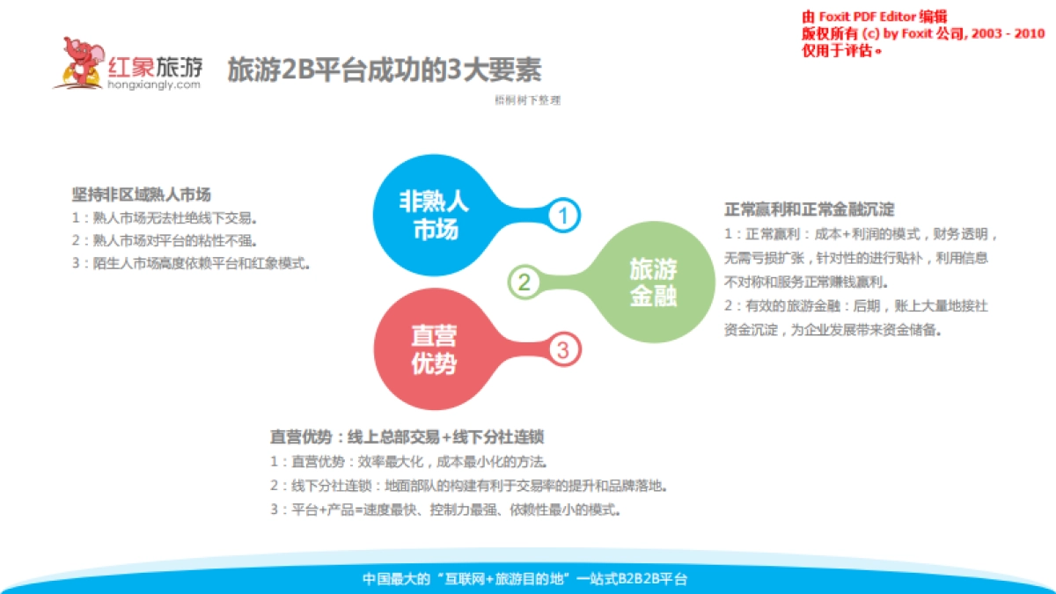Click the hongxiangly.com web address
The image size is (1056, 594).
[154, 84]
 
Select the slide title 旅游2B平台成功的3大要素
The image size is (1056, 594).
[384, 70]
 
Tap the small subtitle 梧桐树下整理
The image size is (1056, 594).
[527, 100]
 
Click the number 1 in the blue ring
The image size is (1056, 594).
[563, 216]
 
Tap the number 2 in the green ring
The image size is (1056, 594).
[524, 282]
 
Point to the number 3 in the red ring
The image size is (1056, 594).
[564, 350]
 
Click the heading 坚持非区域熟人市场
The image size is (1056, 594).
[141, 194]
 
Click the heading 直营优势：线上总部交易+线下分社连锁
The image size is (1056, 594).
[412, 436]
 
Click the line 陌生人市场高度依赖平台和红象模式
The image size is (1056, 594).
[191, 263]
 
